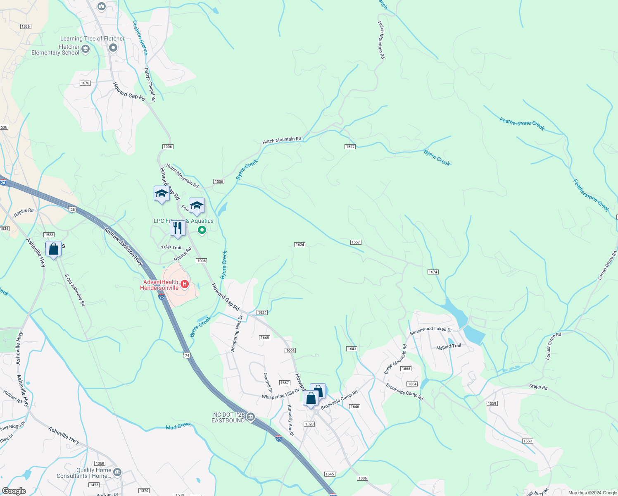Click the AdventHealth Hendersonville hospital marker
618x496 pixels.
click(x=185, y=284)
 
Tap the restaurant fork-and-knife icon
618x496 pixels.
click(x=178, y=228)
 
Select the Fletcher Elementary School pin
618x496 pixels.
click(x=86, y=50)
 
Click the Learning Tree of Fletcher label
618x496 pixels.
click(x=93, y=38)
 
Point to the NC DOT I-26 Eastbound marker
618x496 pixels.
click(x=250, y=417)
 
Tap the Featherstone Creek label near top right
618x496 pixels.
click(x=522, y=124)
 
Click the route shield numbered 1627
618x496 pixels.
click(x=350, y=147)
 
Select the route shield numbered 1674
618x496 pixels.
click(x=433, y=272)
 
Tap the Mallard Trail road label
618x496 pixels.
click(x=449, y=346)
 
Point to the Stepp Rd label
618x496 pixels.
click(x=538, y=387)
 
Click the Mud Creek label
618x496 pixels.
click(x=178, y=426)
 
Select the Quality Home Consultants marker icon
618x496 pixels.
click(x=117, y=472)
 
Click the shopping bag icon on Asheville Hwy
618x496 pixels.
click(x=53, y=249)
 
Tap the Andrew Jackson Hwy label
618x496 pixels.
click(x=123, y=246)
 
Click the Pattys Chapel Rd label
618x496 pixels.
click(x=150, y=85)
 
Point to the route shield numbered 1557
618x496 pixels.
click(x=356, y=242)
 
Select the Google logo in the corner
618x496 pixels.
click(x=14, y=491)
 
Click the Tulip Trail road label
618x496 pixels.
click(x=171, y=247)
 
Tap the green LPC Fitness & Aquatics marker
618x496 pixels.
click(x=202, y=230)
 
